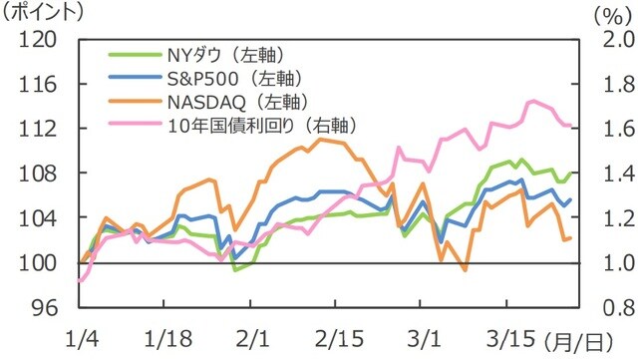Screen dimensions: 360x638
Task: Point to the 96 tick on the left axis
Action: (44, 308)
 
